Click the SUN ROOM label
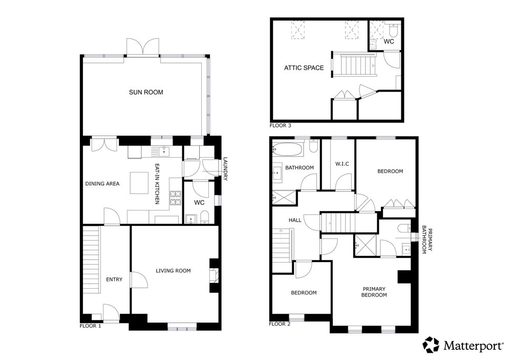[x=146, y=92]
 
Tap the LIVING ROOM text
[x=173, y=270]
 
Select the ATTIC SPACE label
[x=304, y=68]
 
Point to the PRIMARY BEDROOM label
[x=374, y=292]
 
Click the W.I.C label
[x=342, y=164]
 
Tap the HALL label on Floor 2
[x=295, y=220]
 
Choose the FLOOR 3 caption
[x=280, y=125]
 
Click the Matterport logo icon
[x=431, y=345]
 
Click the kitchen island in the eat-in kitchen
[x=140, y=183]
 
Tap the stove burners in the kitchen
[x=175, y=198]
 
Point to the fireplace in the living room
[x=214, y=274]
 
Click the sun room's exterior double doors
[x=143, y=47]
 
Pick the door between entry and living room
[x=137, y=280]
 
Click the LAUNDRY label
[x=225, y=169]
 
